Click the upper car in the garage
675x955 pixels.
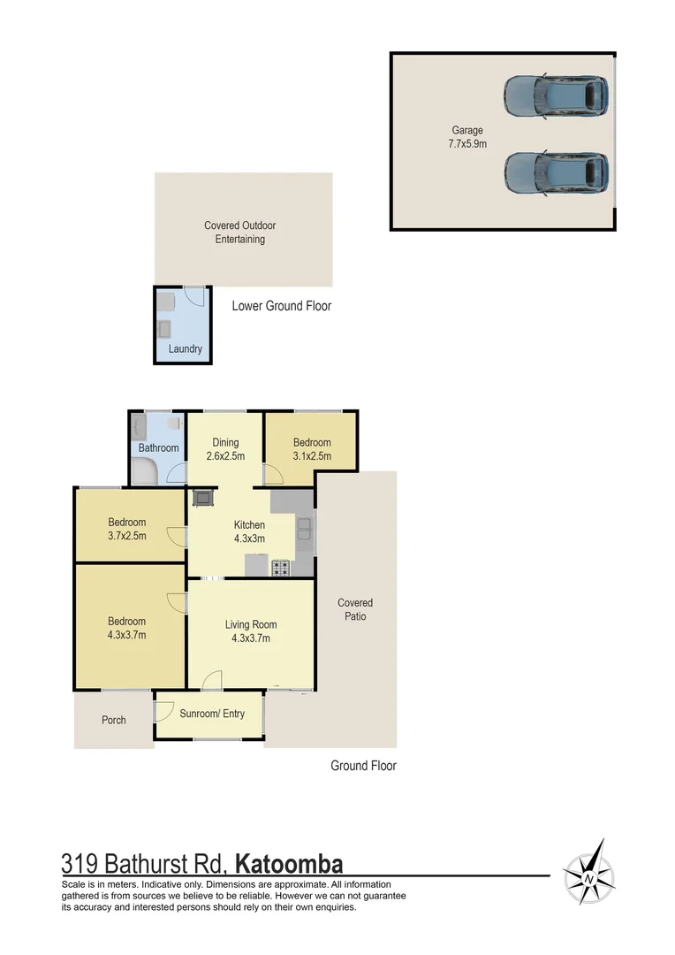pos(556,95)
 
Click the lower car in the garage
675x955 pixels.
pos(556,172)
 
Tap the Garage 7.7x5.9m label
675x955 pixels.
pos(467,136)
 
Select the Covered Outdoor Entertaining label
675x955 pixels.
pos(240,232)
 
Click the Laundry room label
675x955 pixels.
pos(186,348)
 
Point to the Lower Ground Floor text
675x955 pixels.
pos(281,306)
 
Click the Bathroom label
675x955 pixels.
pos(158,447)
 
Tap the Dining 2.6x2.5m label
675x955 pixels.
pos(225,449)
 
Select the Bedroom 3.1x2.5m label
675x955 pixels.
pos(312,449)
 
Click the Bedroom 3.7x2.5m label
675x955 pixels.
pos(127,529)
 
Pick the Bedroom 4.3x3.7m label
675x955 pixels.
pos(127,628)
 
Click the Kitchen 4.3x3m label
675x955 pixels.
pos(249,531)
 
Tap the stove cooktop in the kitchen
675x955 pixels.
pos(282,569)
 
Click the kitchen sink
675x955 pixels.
pos(304,530)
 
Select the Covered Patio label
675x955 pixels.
pos(355,609)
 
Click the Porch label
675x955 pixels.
pos(114,720)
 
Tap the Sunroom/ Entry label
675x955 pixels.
pos(212,714)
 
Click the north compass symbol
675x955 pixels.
pos(589,878)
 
